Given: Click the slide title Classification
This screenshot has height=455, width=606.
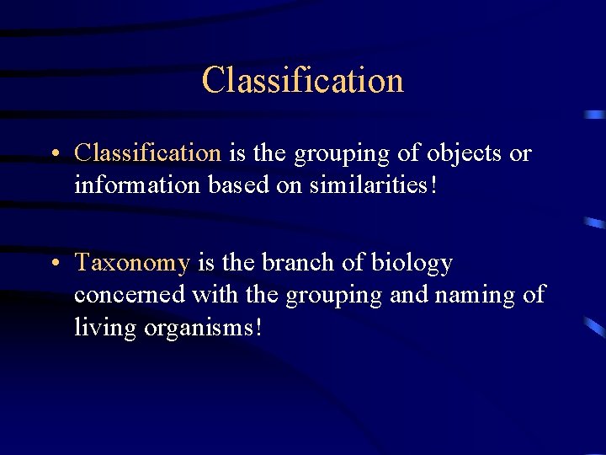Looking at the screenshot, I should [303, 81].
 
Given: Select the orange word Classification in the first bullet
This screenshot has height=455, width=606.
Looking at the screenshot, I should [147, 153].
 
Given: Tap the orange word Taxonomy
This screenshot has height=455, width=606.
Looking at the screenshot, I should [132, 263].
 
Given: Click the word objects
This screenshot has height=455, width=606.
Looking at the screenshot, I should [466, 153].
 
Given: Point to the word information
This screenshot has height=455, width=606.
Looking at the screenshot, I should [137, 185].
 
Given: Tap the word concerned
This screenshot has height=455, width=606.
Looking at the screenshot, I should [130, 295].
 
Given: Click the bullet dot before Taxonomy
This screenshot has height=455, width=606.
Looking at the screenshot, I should [53, 264].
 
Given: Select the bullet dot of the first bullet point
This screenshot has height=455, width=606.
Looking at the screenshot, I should [53, 154].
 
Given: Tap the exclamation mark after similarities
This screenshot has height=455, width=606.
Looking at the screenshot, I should [433, 185].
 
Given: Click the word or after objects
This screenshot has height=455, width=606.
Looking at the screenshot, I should [521, 154].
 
